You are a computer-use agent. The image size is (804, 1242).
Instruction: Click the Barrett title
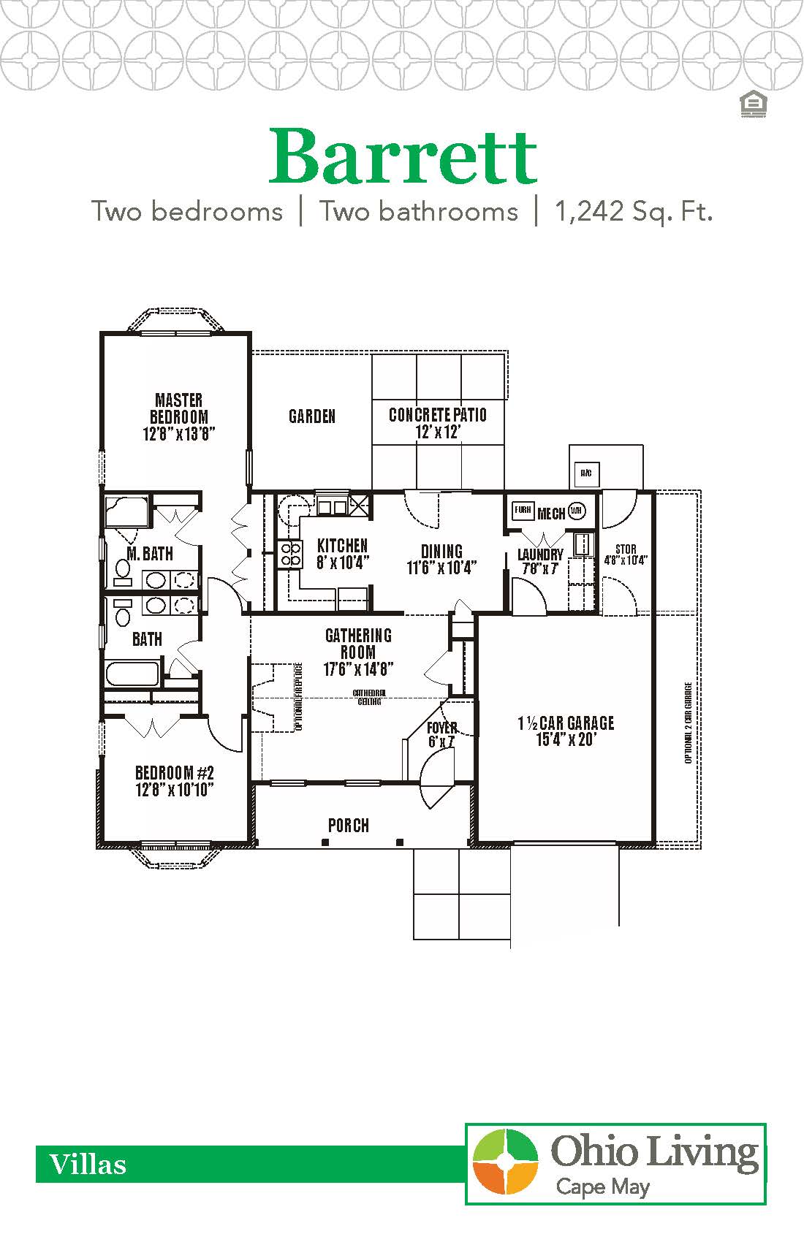point(403,156)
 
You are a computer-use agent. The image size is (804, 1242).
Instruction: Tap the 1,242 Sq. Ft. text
point(633,212)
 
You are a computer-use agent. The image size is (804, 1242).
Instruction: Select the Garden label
point(312,416)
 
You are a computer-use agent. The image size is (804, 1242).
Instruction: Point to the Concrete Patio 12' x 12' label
point(438,423)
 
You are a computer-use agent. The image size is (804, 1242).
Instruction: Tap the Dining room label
point(441,559)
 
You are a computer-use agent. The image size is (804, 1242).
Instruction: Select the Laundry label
point(540,561)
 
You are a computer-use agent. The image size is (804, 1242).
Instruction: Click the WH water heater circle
point(576,511)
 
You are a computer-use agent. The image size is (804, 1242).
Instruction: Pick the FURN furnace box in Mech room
point(522,510)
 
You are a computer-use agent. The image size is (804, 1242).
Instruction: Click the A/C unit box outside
point(585,473)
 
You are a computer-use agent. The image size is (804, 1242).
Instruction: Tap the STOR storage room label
point(626,555)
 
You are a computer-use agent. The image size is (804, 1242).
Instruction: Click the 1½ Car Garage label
point(566,731)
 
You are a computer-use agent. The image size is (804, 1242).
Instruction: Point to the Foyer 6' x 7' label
point(441,734)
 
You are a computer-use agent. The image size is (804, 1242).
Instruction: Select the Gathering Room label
point(358,652)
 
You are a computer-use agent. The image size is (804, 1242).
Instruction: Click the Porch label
point(349,826)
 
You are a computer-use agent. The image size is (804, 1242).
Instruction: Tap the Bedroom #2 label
point(175,780)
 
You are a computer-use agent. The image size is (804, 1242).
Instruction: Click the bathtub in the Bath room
point(132,673)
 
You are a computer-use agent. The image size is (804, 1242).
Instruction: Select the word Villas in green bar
point(88,1165)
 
